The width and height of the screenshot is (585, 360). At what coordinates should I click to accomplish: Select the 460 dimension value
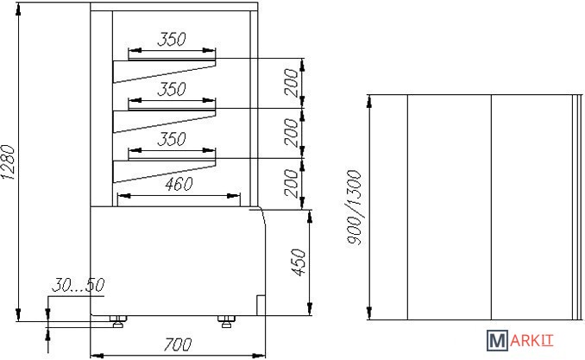178,184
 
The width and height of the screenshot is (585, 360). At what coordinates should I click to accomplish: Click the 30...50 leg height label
78,285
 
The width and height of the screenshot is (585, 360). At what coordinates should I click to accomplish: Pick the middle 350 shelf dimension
172,89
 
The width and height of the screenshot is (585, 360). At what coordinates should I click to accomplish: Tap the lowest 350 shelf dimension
172,139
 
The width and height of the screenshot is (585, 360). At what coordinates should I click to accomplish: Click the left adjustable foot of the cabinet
119,322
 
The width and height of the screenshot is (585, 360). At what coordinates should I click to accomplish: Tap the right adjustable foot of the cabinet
227,322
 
